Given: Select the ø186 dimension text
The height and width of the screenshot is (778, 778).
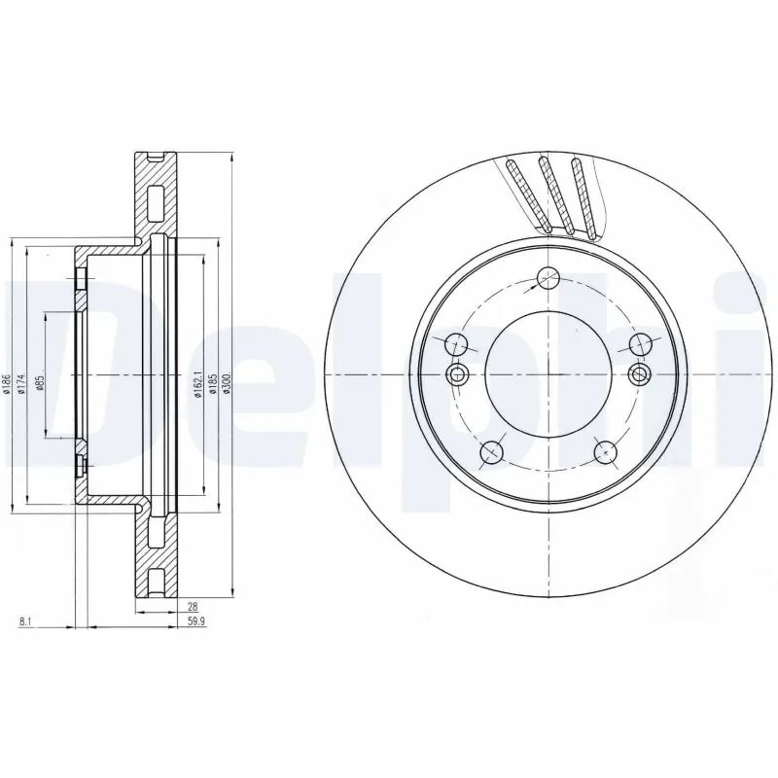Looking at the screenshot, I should pyautogui.click(x=6, y=385).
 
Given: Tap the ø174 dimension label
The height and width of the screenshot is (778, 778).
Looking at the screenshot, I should pyautogui.click(x=22, y=385).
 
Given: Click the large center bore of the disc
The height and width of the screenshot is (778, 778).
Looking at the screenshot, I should pyautogui.click(x=548, y=375).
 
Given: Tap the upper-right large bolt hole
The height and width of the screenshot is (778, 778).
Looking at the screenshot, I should pyautogui.click(x=640, y=343).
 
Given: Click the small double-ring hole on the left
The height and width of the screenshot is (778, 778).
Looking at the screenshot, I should pyautogui.click(x=457, y=375).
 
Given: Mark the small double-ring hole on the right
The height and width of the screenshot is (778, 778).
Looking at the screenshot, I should pyautogui.click(x=640, y=375).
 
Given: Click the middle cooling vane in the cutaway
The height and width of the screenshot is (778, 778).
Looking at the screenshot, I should pyautogui.click(x=554, y=194).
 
